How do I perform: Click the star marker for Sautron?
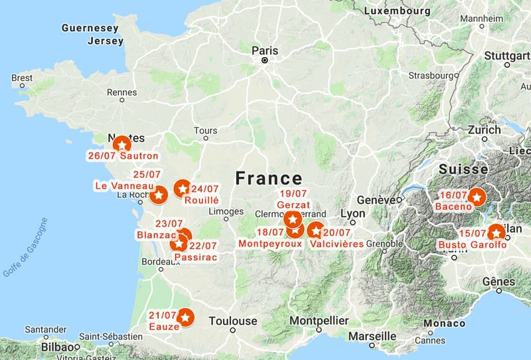click(121, 144)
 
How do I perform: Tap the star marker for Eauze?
click(186, 318)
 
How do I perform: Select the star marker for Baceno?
click(477, 197)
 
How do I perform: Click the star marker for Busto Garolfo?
click(495, 232)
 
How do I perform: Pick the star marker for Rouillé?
click(182, 189)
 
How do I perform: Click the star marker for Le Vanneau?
click(158, 195)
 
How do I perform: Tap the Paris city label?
click(264, 50)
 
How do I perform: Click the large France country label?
click(269, 178)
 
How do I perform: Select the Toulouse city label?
click(232, 321)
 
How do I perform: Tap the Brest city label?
click(22, 78)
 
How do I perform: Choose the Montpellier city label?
click(319, 321)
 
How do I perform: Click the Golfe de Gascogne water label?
click(25, 247)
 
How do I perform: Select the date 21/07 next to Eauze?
click(163, 315)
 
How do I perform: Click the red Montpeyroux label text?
click(270, 244)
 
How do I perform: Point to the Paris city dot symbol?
click(264, 60)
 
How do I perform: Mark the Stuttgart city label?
click(507, 56)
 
